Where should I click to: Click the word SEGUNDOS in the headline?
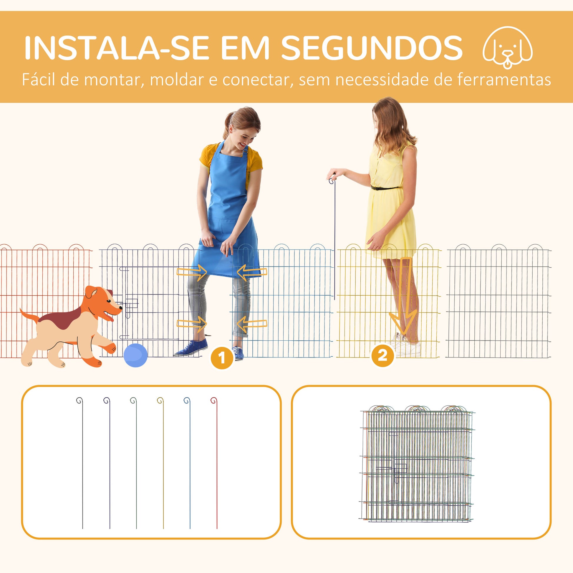372,48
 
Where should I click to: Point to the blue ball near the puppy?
135,355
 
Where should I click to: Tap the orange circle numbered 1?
222,358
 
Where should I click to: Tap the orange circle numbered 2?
382,355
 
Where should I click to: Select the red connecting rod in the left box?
216,463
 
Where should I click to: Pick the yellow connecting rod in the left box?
163,463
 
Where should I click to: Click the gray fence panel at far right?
498,301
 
